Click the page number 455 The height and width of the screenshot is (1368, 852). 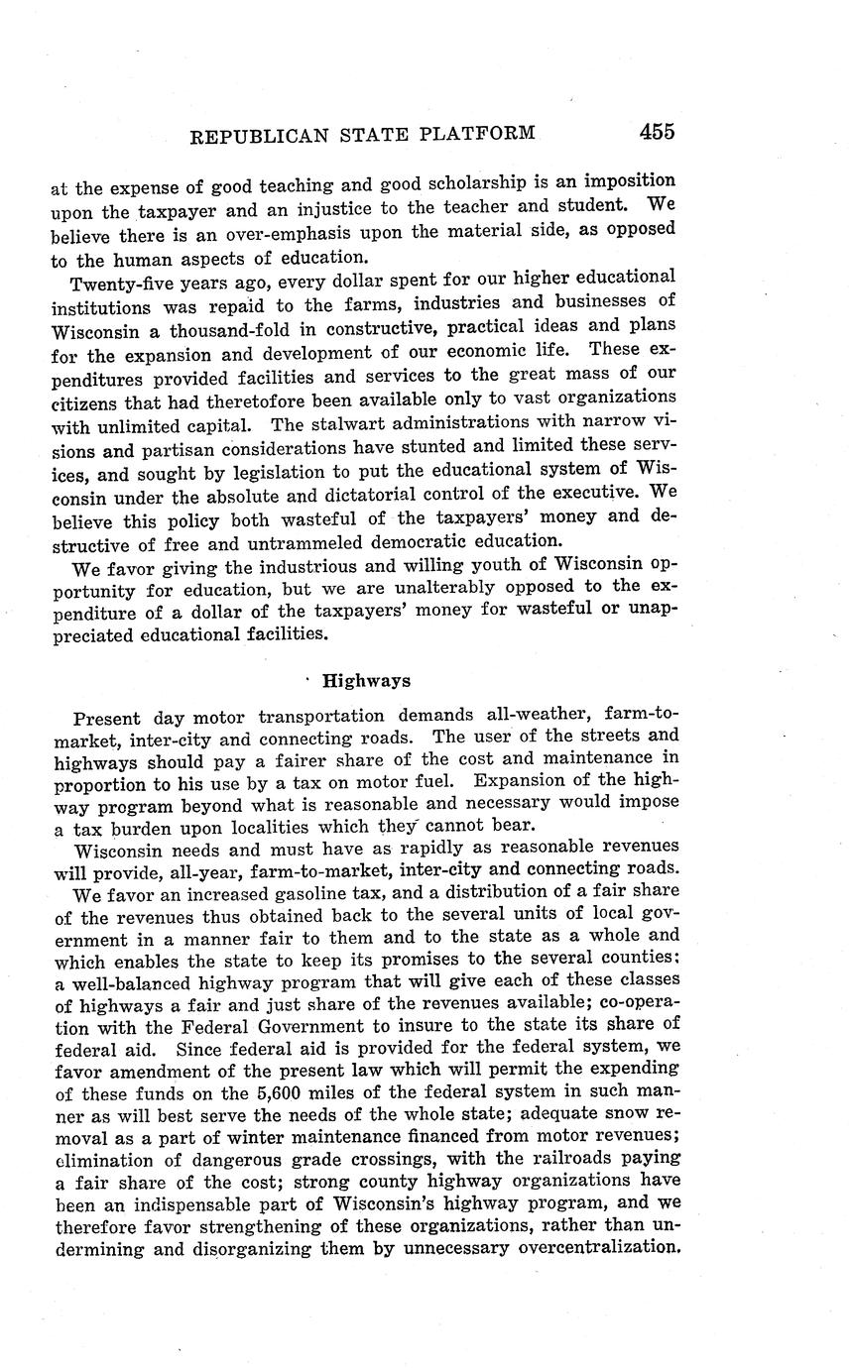tap(657, 131)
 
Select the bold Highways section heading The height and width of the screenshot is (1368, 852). tap(366, 681)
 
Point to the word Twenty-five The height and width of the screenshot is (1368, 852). tap(119, 281)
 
